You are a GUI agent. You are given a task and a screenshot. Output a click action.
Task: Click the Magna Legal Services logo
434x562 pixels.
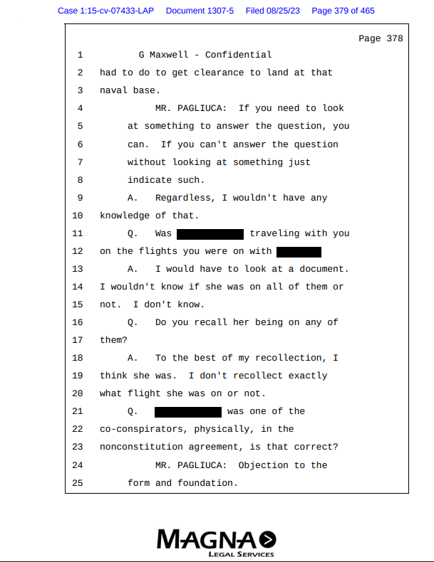(216, 543)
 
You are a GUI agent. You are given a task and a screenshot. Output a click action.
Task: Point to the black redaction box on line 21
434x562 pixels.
(188, 412)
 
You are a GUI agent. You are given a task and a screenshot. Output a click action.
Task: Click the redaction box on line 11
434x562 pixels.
(210, 233)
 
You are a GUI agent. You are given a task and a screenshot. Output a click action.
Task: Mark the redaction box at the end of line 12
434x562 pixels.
(299, 251)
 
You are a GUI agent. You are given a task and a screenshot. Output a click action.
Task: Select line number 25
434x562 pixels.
(78, 483)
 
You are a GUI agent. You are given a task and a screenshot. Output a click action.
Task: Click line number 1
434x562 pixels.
(80, 55)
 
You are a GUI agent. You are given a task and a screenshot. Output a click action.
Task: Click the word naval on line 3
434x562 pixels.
(113, 90)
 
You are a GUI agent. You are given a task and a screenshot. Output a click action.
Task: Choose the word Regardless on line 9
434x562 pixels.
(182, 198)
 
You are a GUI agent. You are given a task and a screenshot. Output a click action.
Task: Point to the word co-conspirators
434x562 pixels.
(141, 430)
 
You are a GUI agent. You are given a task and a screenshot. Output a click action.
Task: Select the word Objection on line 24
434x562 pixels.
(263, 465)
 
